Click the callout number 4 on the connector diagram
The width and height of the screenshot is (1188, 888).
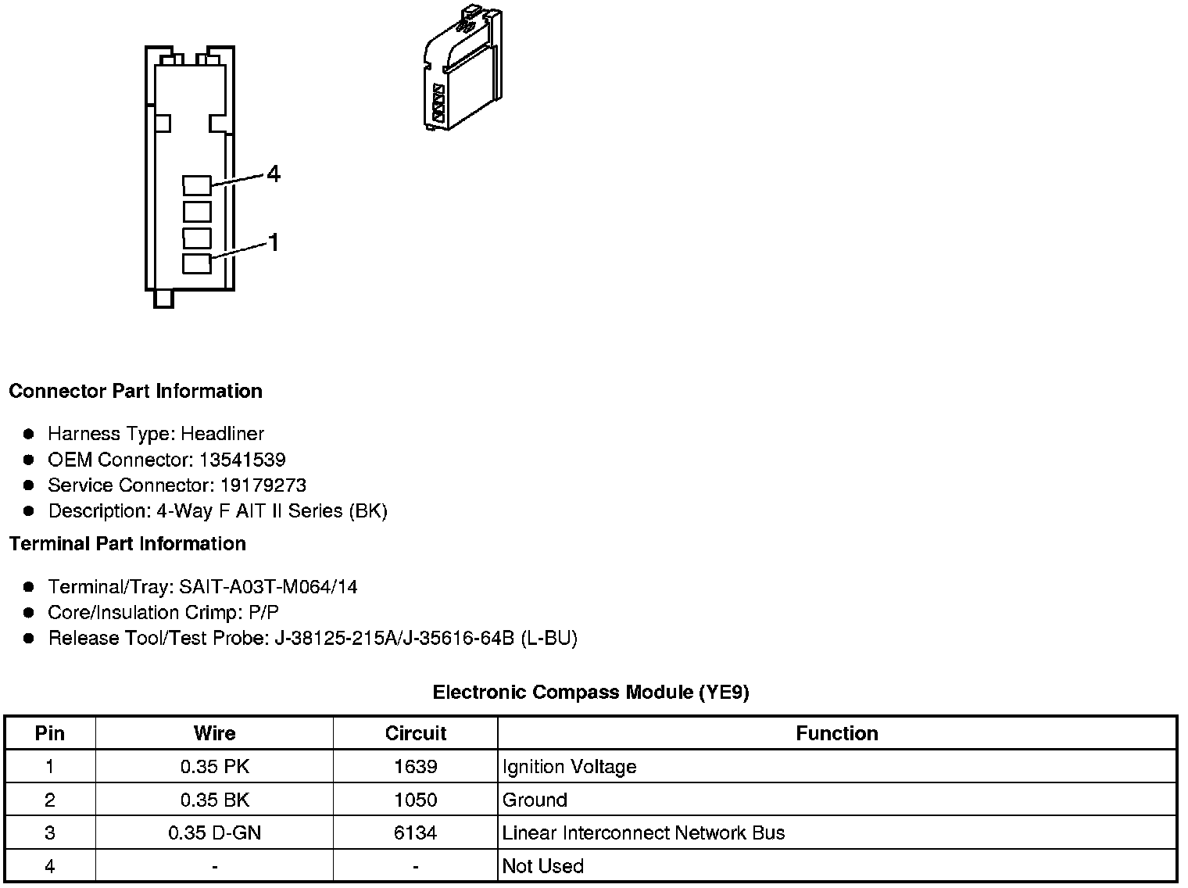click(x=273, y=174)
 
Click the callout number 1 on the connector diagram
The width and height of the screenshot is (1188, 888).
click(x=273, y=243)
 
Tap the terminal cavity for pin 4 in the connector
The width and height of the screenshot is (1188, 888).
click(x=197, y=185)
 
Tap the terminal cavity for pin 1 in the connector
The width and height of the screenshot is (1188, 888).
click(x=197, y=263)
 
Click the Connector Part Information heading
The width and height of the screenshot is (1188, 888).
click(x=135, y=391)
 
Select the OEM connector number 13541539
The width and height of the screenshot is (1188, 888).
click(x=242, y=460)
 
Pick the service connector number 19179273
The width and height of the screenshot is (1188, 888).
click(x=263, y=485)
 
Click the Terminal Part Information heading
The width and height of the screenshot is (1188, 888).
click(x=127, y=543)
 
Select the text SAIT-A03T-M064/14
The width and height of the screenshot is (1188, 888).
click(x=268, y=587)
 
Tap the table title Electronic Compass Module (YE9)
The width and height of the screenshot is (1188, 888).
click(x=591, y=692)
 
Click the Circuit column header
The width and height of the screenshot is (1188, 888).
click(x=415, y=733)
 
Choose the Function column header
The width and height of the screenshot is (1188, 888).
click(x=836, y=733)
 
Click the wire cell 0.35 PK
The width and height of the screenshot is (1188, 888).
click(x=214, y=767)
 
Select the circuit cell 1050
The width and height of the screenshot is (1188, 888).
click(x=415, y=800)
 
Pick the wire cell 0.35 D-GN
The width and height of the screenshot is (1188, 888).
click(x=214, y=833)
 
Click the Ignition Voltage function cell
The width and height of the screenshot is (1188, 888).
click(x=569, y=767)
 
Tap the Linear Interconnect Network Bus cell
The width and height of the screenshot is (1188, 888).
click(x=643, y=833)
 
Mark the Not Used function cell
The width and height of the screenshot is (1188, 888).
click(x=542, y=866)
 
